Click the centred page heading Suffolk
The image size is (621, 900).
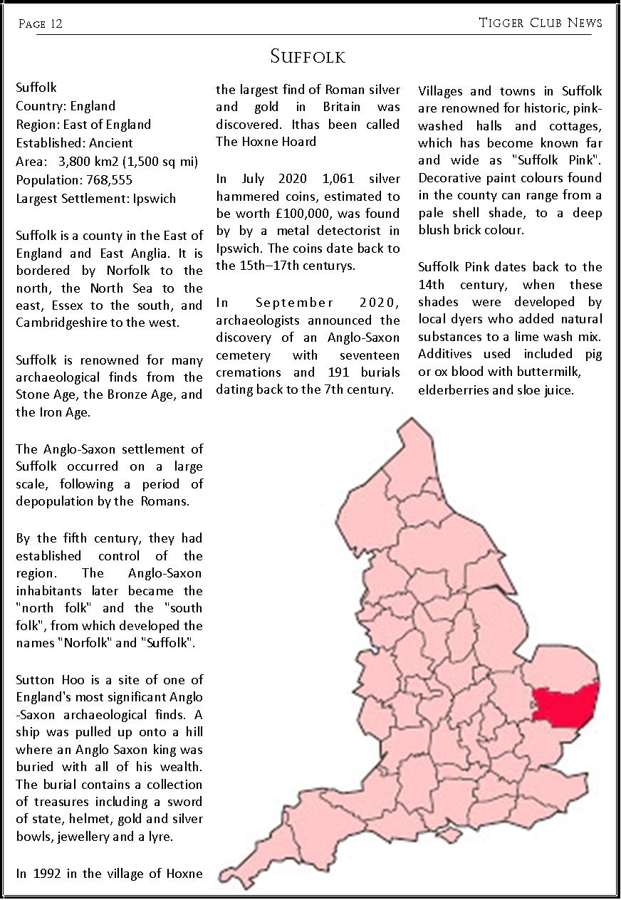[x=308, y=56]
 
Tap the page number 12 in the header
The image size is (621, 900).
[x=56, y=24]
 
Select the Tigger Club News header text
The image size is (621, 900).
[x=541, y=23]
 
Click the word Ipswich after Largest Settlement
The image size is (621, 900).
[x=154, y=198]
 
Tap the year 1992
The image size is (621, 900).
[x=46, y=874]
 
